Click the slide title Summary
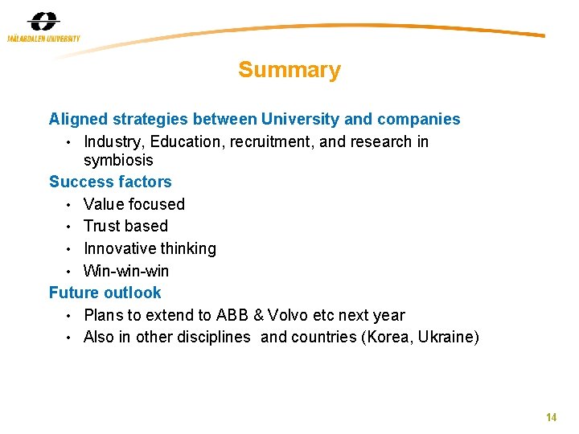click(289, 71)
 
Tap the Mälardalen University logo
click(43, 27)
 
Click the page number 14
click(551, 417)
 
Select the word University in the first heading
click(298, 120)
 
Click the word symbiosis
click(118, 160)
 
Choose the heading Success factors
click(110, 182)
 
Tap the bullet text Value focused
click(134, 204)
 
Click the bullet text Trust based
click(125, 226)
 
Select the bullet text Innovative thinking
click(150, 248)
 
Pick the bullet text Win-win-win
click(126, 271)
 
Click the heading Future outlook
click(105, 293)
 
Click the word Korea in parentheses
click(388, 338)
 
